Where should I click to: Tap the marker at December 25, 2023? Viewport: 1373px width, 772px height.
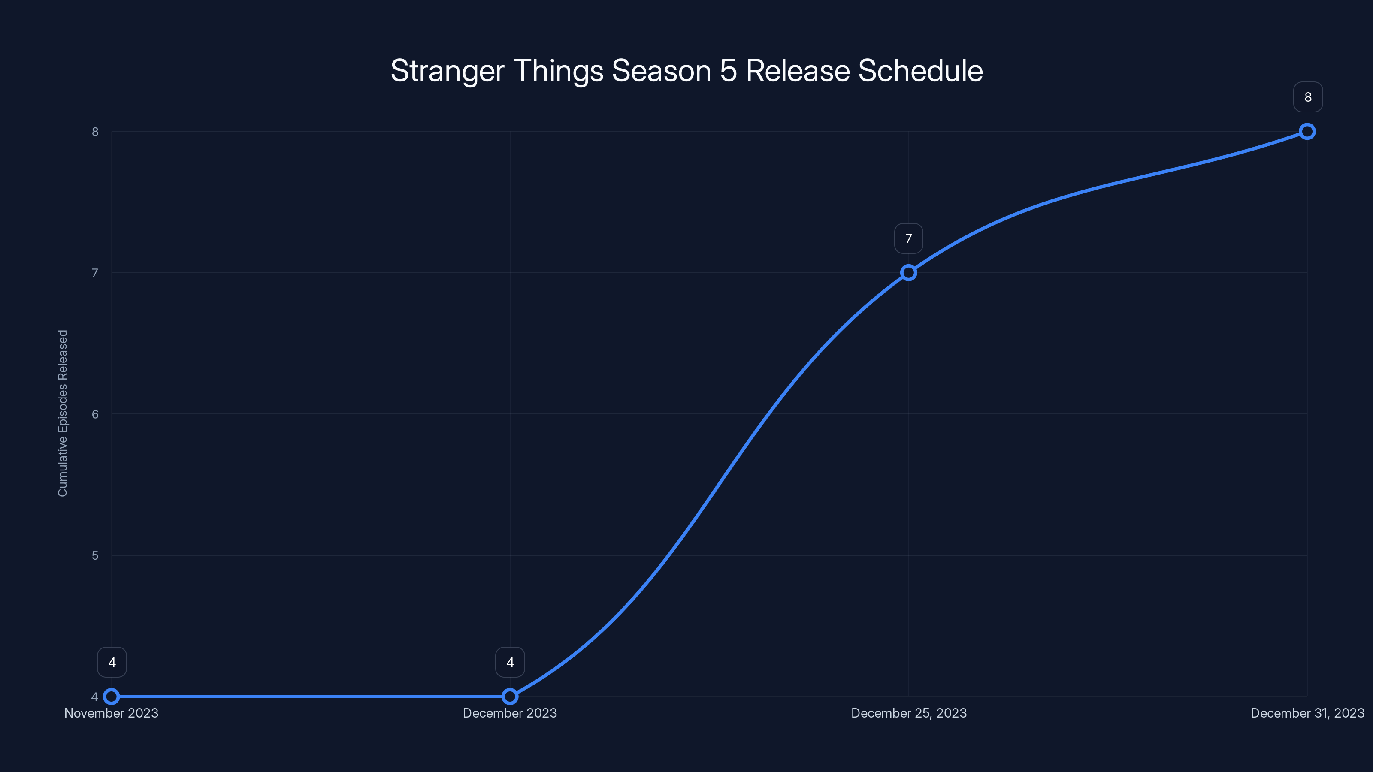pyautogui.click(x=908, y=273)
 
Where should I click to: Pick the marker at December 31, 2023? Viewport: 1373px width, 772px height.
pyautogui.click(x=1307, y=131)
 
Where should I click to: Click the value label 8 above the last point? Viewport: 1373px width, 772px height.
pyautogui.click(x=1307, y=97)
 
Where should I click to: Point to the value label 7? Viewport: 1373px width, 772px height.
pyautogui.click(x=908, y=239)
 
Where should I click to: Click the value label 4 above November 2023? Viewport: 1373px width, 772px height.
pyautogui.click(x=112, y=662)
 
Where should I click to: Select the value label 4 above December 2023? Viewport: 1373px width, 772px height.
pyautogui.click(x=510, y=662)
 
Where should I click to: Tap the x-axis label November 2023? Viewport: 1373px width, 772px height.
pyautogui.click(x=112, y=713)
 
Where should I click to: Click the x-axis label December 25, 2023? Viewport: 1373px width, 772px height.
pyautogui.click(x=908, y=713)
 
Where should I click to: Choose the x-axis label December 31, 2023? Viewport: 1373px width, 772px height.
pyautogui.click(x=1307, y=713)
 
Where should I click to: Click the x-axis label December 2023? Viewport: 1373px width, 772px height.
pyautogui.click(x=510, y=713)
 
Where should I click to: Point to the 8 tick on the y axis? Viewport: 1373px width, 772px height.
pyautogui.click(x=95, y=132)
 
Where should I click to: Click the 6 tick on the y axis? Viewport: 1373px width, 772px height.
pyautogui.click(x=95, y=414)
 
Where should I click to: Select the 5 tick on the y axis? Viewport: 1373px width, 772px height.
pyautogui.click(x=95, y=555)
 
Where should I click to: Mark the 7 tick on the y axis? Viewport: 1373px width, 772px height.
pyautogui.click(x=95, y=273)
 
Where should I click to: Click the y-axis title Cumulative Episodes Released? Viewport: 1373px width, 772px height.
pyautogui.click(x=63, y=413)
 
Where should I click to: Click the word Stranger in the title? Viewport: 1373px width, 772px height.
pyautogui.click(x=447, y=71)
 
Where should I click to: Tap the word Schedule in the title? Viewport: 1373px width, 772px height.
pyautogui.click(x=920, y=71)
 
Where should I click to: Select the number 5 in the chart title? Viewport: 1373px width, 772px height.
pyautogui.click(x=728, y=71)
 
